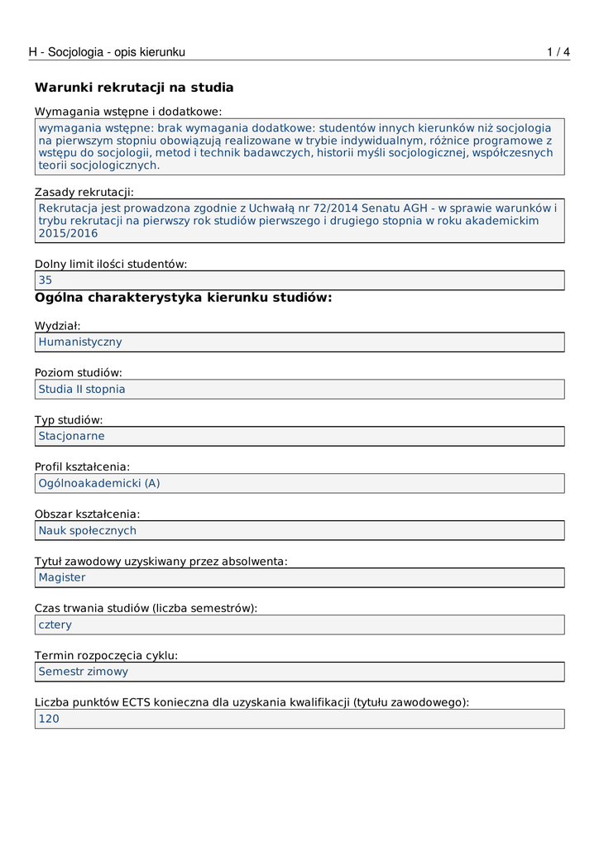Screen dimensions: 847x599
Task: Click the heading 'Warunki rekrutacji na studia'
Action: (x=134, y=88)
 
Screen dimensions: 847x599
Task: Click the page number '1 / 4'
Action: (x=558, y=52)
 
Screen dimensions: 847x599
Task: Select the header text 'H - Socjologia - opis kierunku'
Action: (x=107, y=52)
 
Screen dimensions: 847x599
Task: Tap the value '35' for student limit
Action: (x=46, y=280)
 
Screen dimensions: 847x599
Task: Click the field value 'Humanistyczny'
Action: (x=80, y=342)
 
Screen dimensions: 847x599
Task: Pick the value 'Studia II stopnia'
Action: (x=82, y=389)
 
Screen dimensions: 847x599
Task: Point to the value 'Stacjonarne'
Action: (x=72, y=436)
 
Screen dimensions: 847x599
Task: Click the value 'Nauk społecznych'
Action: (x=88, y=530)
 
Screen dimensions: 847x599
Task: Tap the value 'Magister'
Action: (x=62, y=577)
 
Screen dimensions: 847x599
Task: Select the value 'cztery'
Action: (x=55, y=624)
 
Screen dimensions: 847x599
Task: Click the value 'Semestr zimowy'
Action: (x=84, y=672)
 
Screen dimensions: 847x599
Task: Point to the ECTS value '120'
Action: (x=49, y=719)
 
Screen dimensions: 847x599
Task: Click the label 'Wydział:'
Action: (x=58, y=326)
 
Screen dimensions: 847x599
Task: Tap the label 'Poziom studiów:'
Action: (x=79, y=373)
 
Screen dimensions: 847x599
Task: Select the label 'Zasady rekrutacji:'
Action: (x=84, y=192)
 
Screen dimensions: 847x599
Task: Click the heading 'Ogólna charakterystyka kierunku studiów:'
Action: (x=183, y=298)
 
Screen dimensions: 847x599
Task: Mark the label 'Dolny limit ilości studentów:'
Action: (x=111, y=264)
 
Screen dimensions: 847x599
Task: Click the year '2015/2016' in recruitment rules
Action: (x=68, y=233)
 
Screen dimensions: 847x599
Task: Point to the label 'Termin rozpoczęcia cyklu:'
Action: (x=107, y=656)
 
